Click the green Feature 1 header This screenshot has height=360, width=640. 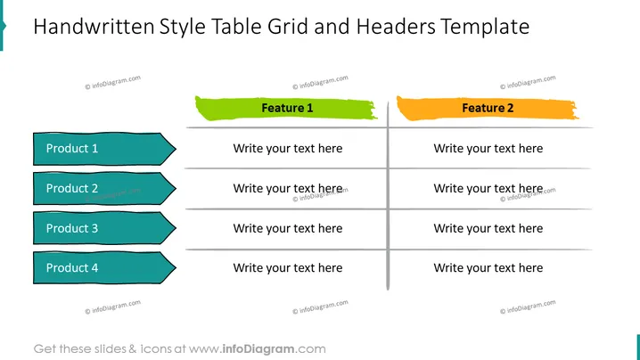[286, 108]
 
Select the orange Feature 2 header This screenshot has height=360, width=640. [488, 108]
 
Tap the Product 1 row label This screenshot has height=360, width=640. [104, 149]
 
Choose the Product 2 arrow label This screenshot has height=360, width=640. [104, 188]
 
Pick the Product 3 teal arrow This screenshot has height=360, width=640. [104, 228]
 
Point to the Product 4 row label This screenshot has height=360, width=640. [104, 267]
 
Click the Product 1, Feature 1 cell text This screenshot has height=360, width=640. [288, 149]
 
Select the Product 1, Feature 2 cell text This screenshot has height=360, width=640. [488, 149]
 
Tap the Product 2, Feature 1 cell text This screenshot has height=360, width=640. [288, 188]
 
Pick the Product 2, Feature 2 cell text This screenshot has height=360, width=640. [488, 188]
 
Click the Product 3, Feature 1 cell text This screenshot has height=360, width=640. [288, 228]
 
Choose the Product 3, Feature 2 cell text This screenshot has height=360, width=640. [488, 228]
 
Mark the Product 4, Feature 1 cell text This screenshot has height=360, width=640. [288, 267]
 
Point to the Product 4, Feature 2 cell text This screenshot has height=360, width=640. [488, 267]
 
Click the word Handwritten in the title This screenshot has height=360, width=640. [94, 27]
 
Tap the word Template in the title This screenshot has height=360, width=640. [485, 28]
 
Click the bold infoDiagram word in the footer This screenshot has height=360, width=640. [258, 349]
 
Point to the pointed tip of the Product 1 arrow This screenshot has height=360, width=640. [176, 149]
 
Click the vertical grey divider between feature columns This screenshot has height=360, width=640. [388, 196]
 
